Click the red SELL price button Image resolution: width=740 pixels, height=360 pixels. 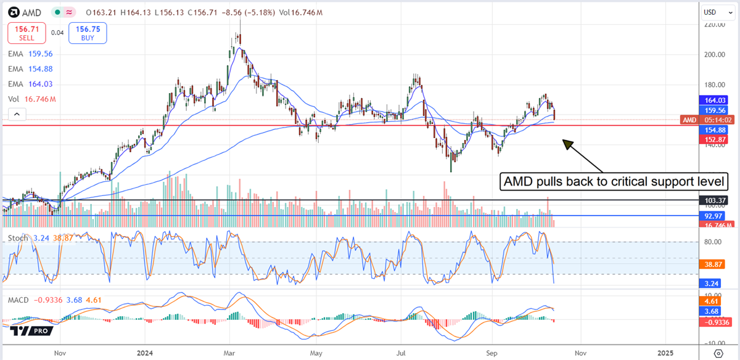[x=25, y=33]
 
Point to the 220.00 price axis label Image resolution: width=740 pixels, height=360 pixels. [x=713, y=25]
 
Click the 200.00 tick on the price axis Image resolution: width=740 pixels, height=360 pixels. [x=713, y=54]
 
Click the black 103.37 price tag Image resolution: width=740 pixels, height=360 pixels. [x=714, y=200]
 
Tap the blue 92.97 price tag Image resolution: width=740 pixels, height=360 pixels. [x=714, y=216]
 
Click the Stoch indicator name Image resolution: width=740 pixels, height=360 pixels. [x=17, y=237]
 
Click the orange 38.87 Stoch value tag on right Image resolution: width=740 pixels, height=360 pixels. [x=714, y=263]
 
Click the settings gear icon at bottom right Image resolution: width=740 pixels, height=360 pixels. [x=718, y=353]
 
